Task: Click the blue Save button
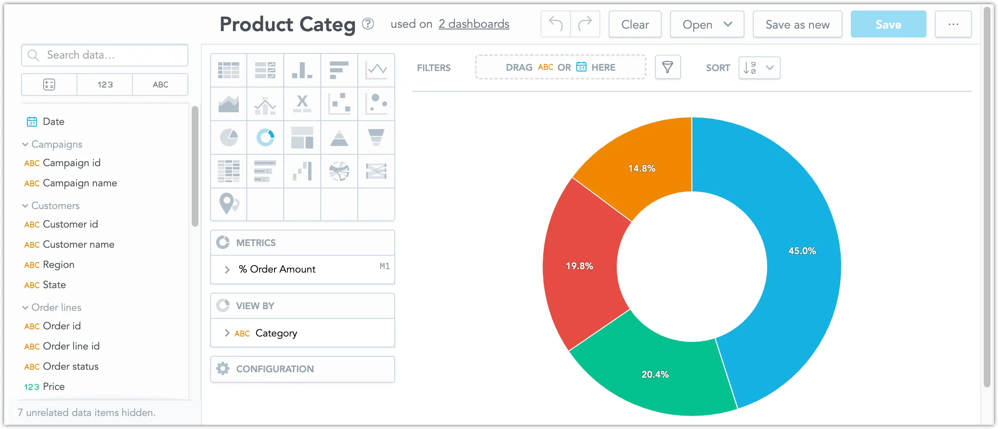pos(888,24)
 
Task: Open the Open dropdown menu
pos(707,24)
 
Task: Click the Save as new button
pos(797,24)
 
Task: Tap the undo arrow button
pos(555,24)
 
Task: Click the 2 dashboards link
pos(474,24)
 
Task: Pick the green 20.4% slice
pos(656,374)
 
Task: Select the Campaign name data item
pos(79,183)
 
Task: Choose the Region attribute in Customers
pos(58,265)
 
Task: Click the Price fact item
pos(53,387)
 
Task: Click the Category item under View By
pos(276,333)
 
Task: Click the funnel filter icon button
pos(668,67)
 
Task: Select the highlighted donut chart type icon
pos(265,138)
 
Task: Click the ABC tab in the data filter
pos(160,85)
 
